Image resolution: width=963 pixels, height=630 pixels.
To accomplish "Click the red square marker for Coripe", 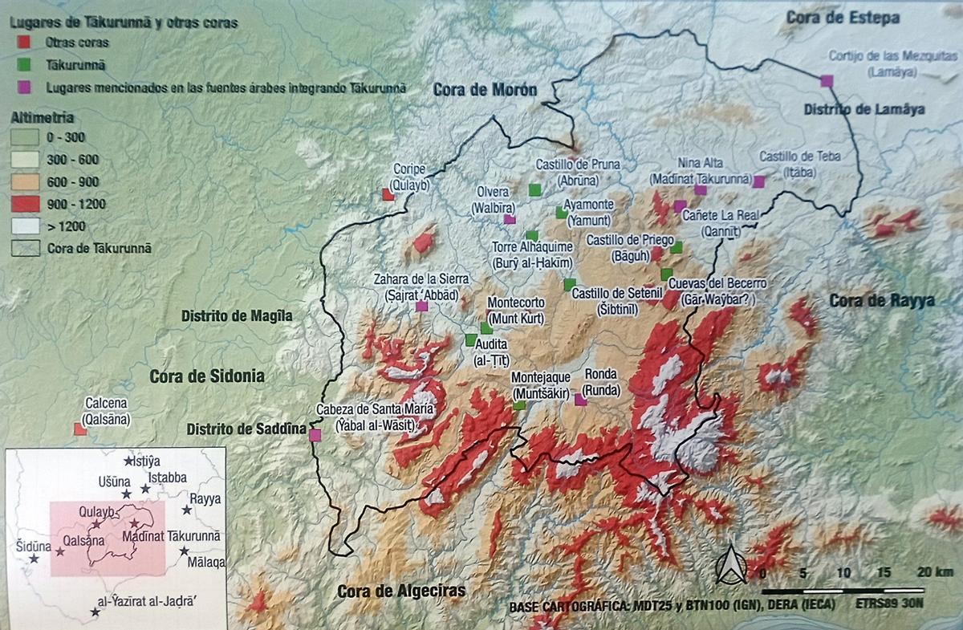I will (388, 194).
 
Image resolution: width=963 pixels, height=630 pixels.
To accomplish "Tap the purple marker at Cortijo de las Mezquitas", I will (827, 80).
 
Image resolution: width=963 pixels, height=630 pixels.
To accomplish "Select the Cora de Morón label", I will (485, 89).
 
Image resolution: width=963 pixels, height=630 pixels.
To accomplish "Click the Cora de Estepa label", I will (843, 18).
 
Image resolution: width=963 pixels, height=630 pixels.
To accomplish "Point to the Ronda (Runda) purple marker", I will (580, 400).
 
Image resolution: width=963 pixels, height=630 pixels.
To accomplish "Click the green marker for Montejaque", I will (519, 405).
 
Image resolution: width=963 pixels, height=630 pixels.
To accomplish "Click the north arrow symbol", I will (732, 565).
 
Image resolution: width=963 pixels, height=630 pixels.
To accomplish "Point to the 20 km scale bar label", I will (935, 573).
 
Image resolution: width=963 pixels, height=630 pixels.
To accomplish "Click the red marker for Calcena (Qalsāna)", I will (80, 429).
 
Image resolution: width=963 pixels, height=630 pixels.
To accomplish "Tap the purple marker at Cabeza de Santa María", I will (315, 435).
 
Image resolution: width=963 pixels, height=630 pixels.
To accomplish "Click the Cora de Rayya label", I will (881, 301).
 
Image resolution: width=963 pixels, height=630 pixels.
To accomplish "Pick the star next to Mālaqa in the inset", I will (185, 551).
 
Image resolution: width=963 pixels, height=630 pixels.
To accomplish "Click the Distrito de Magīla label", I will (237, 316).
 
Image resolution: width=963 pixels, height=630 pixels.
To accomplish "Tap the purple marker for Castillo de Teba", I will (759, 182).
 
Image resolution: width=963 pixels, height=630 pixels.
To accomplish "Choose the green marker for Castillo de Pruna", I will (534, 189).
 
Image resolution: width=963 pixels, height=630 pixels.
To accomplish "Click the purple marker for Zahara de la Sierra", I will (422, 306).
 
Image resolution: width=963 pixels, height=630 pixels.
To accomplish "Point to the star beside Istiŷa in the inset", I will (128, 461).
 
